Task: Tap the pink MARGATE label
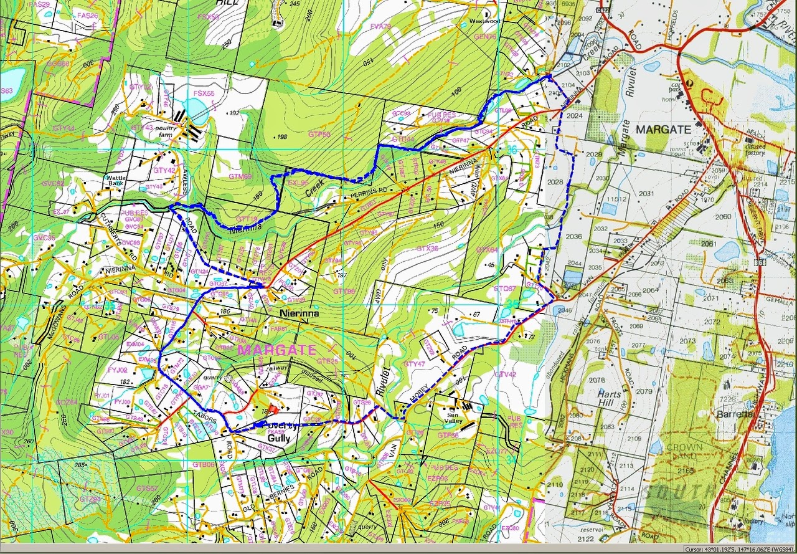[277, 350]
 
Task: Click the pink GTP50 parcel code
[319, 134]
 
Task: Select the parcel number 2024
[575, 115]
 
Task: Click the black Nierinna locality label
[299, 313]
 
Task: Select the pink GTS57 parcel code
[146, 488]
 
